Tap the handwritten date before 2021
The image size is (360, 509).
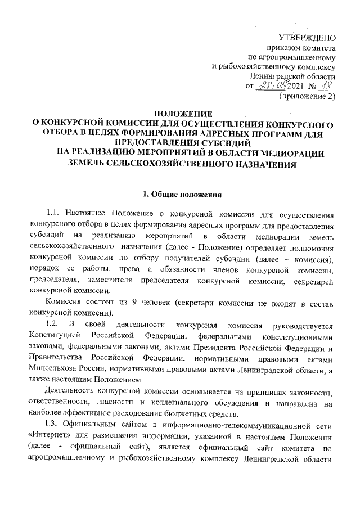coord(272,85)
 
